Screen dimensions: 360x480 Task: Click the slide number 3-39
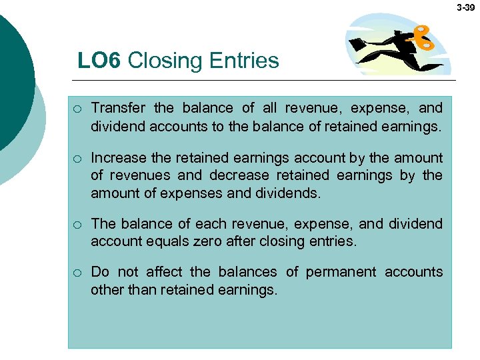pyautogui.click(x=466, y=7)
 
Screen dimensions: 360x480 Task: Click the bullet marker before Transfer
pyautogui.click(x=78, y=109)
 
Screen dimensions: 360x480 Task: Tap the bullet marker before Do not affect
pyautogui.click(x=78, y=273)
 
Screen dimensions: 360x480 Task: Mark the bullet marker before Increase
pyautogui.click(x=78, y=159)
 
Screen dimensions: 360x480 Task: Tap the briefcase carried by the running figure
pyautogui.click(x=359, y=43)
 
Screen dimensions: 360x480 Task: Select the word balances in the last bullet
pyautogui.click(x=250, y=272)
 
